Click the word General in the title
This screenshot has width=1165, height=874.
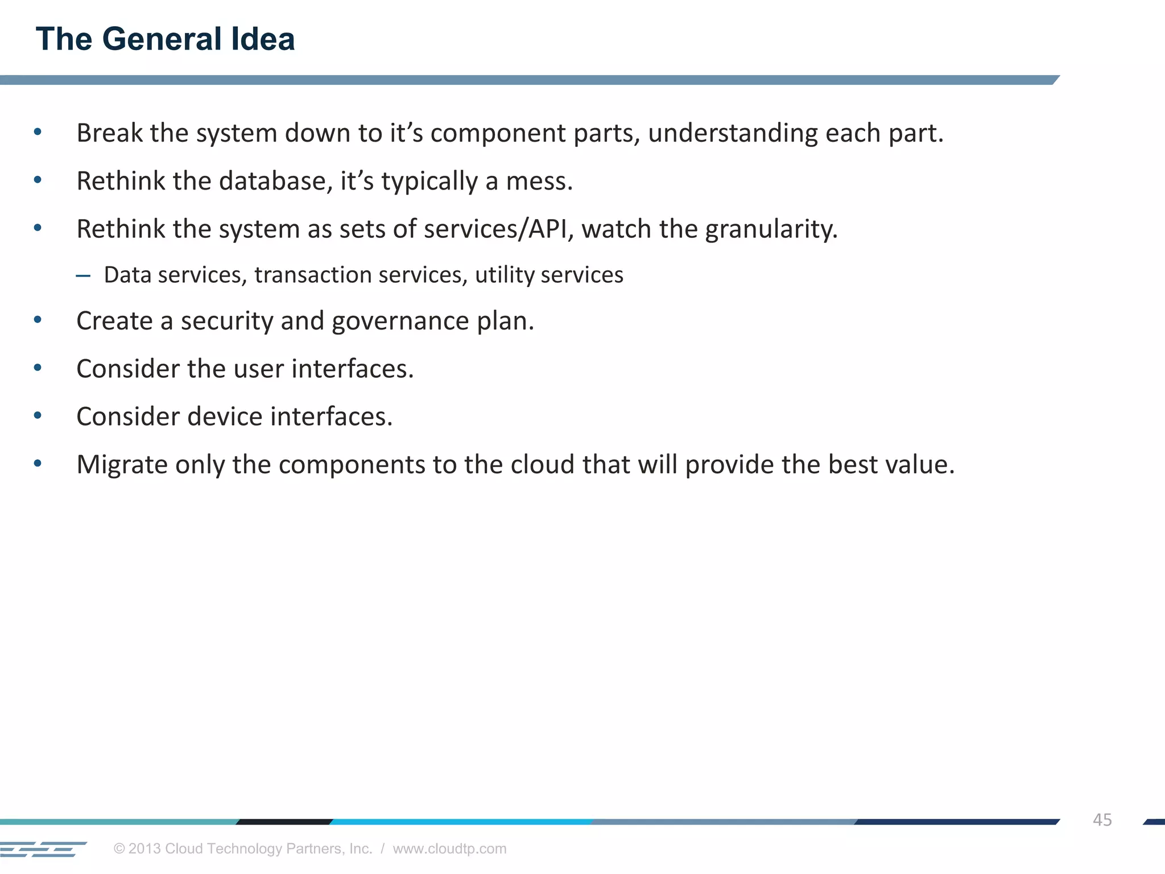click(162, 39)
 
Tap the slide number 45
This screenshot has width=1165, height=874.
click(1102, 820)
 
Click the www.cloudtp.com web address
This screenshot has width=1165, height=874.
click(449, 848)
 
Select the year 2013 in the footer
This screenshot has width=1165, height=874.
click(144, 848)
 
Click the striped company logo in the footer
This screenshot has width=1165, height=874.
click(43, 849)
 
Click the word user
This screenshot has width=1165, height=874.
click(259, 369)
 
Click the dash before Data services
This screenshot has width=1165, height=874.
click(83, 276)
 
